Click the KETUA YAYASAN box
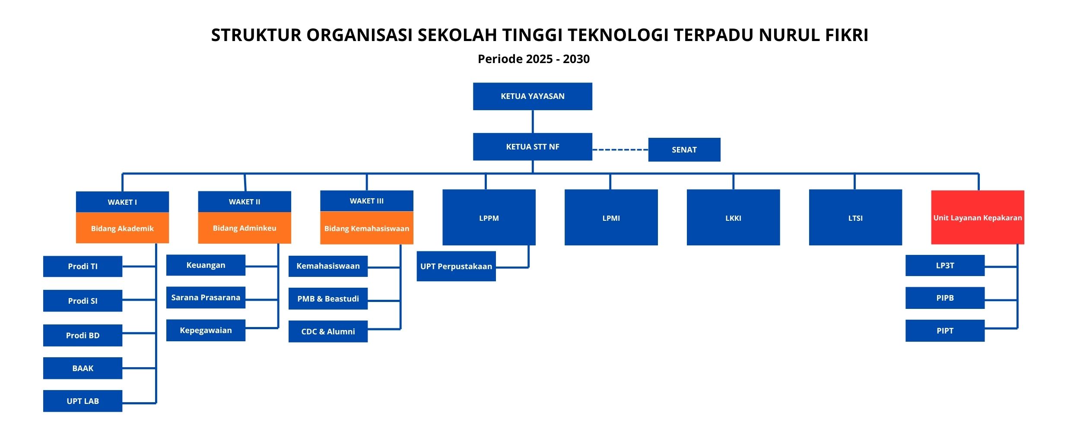(532, 96)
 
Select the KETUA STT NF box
(532, 147)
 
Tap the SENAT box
(684, 150)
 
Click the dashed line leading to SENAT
(620, 150)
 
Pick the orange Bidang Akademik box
(122, 228)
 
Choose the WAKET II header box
(245, 202)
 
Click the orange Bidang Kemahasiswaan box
(367, 228)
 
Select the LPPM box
(489, 217)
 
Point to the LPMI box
(611, 217)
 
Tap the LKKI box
(734, 217)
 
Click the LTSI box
(855, 217)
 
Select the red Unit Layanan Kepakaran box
(978, 217)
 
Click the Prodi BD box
(83, 335)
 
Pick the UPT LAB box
(83, 401)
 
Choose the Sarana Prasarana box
(206, 298)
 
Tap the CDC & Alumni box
(328, 331)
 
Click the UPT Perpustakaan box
(456, 266)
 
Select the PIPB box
(945, 298)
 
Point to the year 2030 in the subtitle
(576, 59)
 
